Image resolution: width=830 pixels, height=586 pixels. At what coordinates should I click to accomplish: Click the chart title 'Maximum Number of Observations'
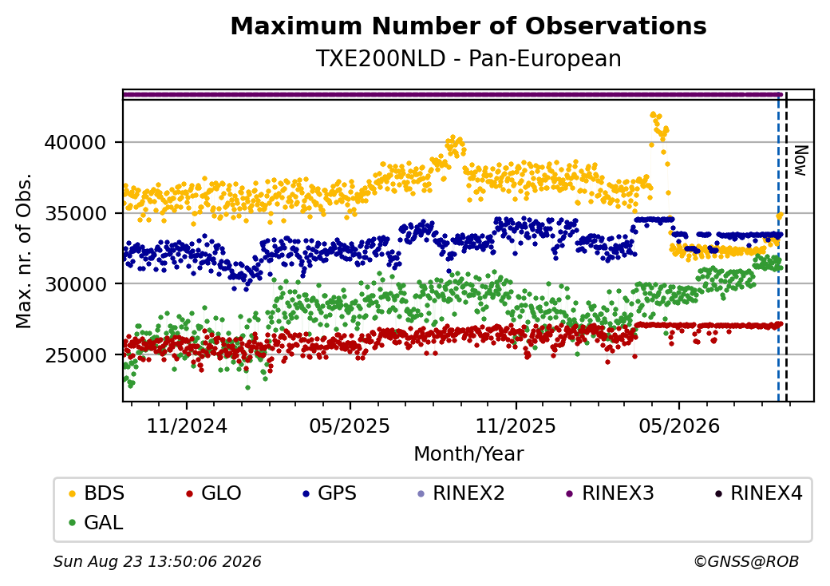point(468,26)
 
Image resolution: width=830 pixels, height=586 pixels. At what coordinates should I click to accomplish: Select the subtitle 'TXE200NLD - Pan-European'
point(468,59)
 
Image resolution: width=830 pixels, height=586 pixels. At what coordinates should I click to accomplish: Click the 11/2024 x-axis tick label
point(186,426)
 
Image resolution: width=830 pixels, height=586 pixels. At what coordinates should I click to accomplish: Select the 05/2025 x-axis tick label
point(350,426)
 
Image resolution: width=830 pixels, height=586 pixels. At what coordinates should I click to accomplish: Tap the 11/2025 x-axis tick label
point(516,426)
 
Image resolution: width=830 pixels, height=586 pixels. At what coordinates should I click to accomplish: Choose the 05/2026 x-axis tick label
point(679,426)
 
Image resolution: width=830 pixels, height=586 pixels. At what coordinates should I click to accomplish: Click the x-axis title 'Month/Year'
point(468,454)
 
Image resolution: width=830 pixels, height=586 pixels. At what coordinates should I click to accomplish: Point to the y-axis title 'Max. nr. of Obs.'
point(24,251)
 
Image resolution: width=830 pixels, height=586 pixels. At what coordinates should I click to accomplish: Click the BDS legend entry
point(97,493)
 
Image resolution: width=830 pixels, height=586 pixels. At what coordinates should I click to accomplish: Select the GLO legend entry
point(213,493)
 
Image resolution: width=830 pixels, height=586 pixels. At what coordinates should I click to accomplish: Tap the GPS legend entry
point(330,493)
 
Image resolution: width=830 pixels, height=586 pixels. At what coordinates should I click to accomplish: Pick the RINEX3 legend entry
point(611,493)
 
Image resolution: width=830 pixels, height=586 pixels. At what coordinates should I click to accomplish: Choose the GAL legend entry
point(96,522)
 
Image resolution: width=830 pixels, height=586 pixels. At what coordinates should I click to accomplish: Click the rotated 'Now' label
point(802,161)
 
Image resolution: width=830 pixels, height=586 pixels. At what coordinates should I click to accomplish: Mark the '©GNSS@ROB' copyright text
point(746,561)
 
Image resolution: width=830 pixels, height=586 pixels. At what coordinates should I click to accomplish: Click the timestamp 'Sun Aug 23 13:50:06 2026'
point(157,561)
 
